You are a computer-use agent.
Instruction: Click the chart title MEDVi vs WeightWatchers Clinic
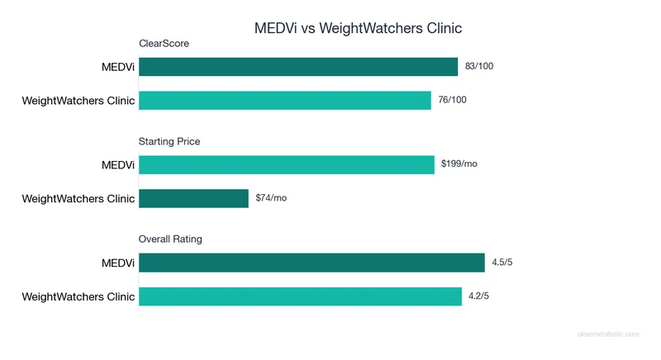[358, 28]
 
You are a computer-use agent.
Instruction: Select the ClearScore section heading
[164, 44]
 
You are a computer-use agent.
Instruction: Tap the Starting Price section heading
[169, 141]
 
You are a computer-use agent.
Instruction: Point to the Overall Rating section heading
[171, 239]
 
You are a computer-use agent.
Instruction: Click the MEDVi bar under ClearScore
[298, 67]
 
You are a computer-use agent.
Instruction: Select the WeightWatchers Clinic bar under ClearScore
[285, 100]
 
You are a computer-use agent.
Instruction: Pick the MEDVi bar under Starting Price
[287, 164]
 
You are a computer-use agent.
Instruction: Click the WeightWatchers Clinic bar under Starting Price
[193, 198]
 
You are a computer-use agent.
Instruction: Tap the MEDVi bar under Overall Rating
[311, 263]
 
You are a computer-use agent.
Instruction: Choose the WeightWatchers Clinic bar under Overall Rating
[300, 296]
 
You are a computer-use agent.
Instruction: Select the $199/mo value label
[459, 164]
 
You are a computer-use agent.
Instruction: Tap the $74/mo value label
[271, 198]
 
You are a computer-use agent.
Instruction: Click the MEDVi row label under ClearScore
[116, 67]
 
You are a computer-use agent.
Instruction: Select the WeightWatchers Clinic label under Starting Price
[78, 198]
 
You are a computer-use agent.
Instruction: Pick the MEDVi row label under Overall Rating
[116, 263]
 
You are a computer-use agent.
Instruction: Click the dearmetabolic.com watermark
[608, 334]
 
